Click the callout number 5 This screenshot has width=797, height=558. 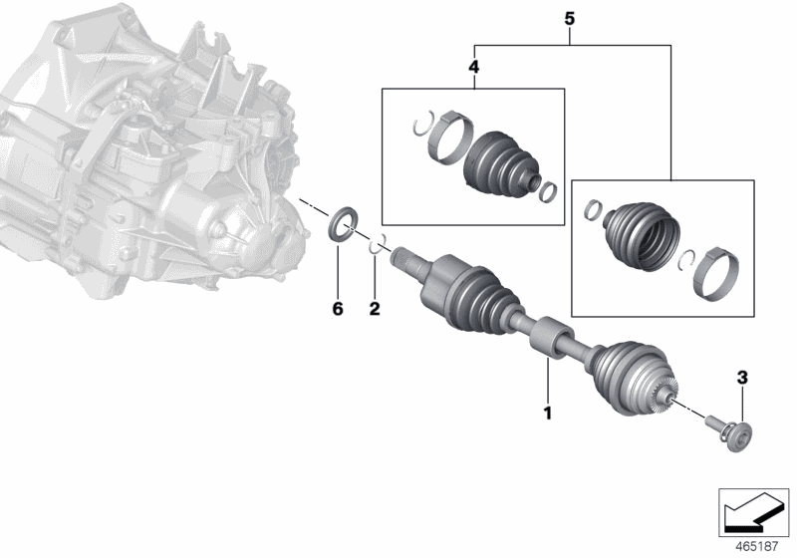pyautogui.click(x=570, y=19)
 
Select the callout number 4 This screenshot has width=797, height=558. pyautogui.click(x=473, y=67)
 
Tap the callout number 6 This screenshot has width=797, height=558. pyautogui.click(x=337, y=310)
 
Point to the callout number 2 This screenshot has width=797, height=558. pyautogui.click(x=375, y=310)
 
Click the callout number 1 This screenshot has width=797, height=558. pyautogui.click(x=546, y=411)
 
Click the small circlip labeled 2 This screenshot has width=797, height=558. pyautogui.click(x=379, y=245)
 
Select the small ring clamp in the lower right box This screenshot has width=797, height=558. pyautogui.click(x=590, y=209)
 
